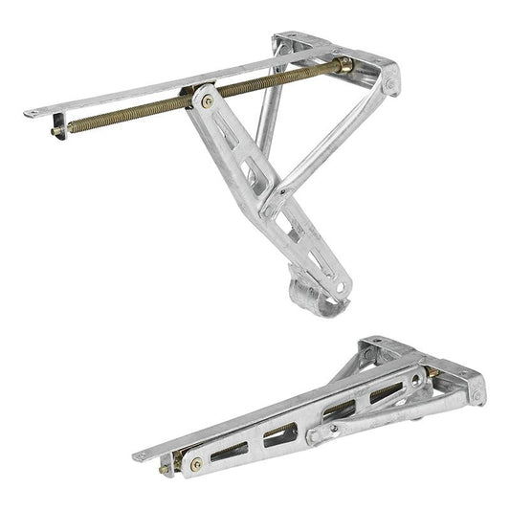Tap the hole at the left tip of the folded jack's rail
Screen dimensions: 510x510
141,457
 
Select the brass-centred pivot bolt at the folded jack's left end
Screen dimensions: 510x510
195,464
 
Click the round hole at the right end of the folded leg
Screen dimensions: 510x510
418,380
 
